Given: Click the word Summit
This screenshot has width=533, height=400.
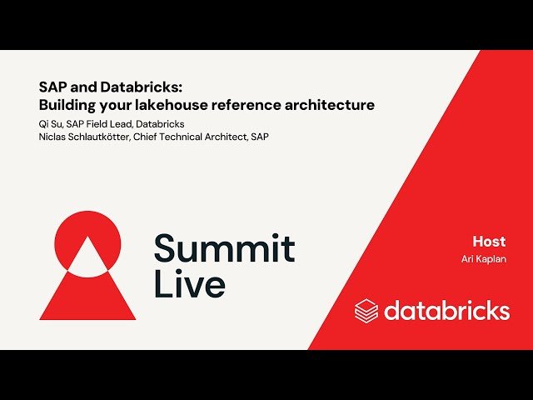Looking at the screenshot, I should pos(224,248).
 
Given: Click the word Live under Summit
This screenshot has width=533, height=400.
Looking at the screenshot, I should pos(189,284).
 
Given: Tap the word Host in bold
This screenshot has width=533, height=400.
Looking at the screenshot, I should pos(489,242).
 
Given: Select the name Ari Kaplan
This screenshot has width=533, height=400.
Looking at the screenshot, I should pos(484,259).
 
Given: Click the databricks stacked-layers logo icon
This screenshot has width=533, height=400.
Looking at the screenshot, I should pos(366,311).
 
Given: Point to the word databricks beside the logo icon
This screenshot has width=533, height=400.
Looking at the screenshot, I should pos(446,311).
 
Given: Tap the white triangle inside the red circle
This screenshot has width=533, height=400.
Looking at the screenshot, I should pos(87,254).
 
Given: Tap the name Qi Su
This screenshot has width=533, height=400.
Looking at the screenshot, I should pos(50,124).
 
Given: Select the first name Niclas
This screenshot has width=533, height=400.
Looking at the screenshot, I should pos(53,136).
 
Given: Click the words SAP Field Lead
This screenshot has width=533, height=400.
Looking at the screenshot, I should pos(98,124).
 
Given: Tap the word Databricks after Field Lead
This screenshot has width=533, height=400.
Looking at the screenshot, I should pos(160,124).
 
